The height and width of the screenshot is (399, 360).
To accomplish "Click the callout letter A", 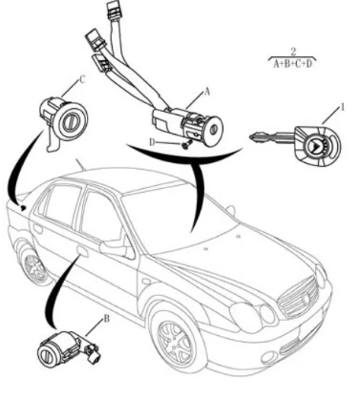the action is tap(207, 92).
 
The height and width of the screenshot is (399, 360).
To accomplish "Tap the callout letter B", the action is tap(107, 318).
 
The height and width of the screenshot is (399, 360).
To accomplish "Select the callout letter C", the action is tap(82, 79).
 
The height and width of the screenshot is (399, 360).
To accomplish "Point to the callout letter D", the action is tap(152, 142).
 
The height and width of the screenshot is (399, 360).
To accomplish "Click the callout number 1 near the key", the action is tap(343, 107).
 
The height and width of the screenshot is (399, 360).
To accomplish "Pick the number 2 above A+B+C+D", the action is tap(293, 52).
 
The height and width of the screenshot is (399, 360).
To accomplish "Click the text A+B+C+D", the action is tap(293, 64).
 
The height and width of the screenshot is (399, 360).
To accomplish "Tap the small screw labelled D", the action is tap(185, 145).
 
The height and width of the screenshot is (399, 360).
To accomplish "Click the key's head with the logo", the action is tap(316, 146).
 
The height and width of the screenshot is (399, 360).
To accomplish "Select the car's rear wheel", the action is tap(34, 266).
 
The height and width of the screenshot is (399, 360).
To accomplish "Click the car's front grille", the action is tap(299, 297).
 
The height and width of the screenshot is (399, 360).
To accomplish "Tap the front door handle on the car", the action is tap(82, 251).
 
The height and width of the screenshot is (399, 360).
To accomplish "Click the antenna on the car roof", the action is tap(79, 164).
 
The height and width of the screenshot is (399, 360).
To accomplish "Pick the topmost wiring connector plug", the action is tap(113, 8).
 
